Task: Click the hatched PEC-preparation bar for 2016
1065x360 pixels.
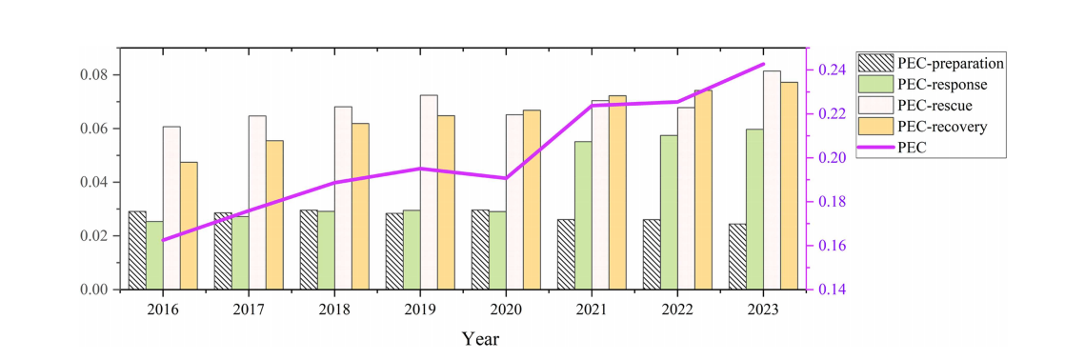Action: coord(137,250)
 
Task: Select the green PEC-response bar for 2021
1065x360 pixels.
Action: coord(583,216)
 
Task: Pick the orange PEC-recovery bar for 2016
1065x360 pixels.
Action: coord(189,226)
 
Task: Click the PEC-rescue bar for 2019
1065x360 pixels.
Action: coord(429,193)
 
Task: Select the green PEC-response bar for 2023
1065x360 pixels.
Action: coord(754,210)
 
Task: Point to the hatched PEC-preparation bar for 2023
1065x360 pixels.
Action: coord(737,257)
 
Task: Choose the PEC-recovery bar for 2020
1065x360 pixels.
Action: coord(532,200)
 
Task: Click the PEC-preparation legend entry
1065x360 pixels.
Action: coord(932,64)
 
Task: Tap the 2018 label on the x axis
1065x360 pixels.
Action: coord(335,310)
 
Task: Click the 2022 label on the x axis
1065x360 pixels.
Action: coord(678,310)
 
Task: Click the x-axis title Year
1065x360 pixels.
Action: coord(480,338)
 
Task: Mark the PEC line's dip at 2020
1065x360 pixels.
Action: coord(506,178)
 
